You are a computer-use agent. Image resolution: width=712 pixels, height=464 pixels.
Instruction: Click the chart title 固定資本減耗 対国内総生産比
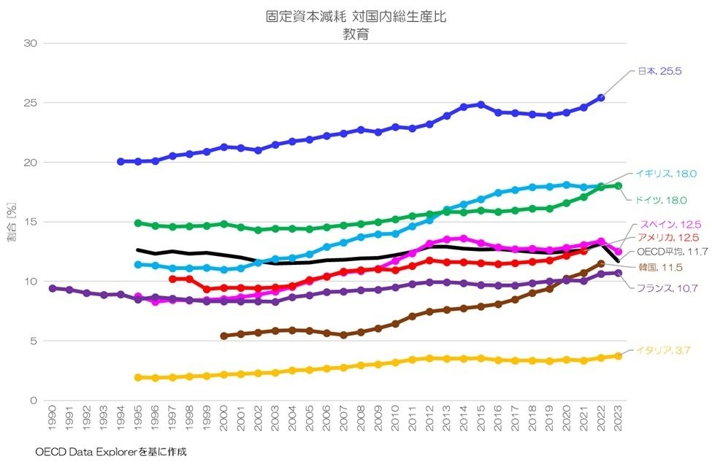(356, 16)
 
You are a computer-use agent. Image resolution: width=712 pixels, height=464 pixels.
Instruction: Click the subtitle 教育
(356, 33)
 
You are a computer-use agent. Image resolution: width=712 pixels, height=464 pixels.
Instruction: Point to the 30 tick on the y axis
(31, 43)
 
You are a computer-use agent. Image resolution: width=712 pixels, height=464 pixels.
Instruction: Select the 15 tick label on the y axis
(31, 222)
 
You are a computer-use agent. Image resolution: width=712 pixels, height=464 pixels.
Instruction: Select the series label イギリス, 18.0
(665, 174)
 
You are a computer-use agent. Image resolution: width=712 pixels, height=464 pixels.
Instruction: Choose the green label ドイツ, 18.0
(662, 199)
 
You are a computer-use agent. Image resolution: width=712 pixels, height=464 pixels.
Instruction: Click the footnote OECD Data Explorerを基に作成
(110, 452)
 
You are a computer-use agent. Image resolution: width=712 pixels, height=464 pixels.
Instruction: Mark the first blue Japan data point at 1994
(120, 161)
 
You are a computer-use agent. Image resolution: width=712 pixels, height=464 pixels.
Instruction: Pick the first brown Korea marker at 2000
(223, 336)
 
